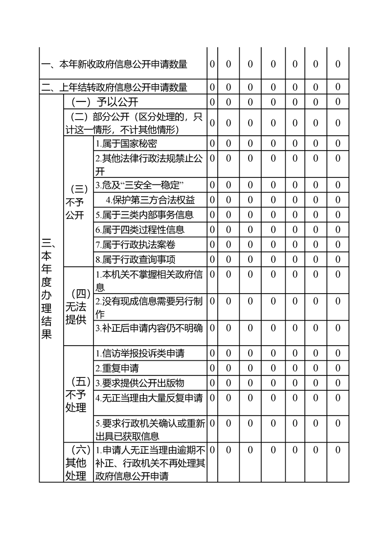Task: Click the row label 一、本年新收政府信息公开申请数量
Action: click(x=114, y=64)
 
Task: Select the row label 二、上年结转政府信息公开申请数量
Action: click(x=114, y=88)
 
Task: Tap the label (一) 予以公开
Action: click(x=105, y=102)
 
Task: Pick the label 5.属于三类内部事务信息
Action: click(x=144, y=215)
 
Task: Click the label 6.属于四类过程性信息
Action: click(x=140, y=229)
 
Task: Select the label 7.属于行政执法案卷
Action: click(x=135, y=244)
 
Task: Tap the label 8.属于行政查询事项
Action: click(x=135, y=259)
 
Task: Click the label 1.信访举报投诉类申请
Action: click(x=140, y=353)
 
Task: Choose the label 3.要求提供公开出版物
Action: click(x=140, y=383)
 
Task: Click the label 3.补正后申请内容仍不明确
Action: click(x=149, y=328)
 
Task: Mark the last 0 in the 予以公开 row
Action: click(x=338, y=102)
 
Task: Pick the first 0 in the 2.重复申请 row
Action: click(x=212, y=368)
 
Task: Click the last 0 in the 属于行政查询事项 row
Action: click(x=338, y=259)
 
